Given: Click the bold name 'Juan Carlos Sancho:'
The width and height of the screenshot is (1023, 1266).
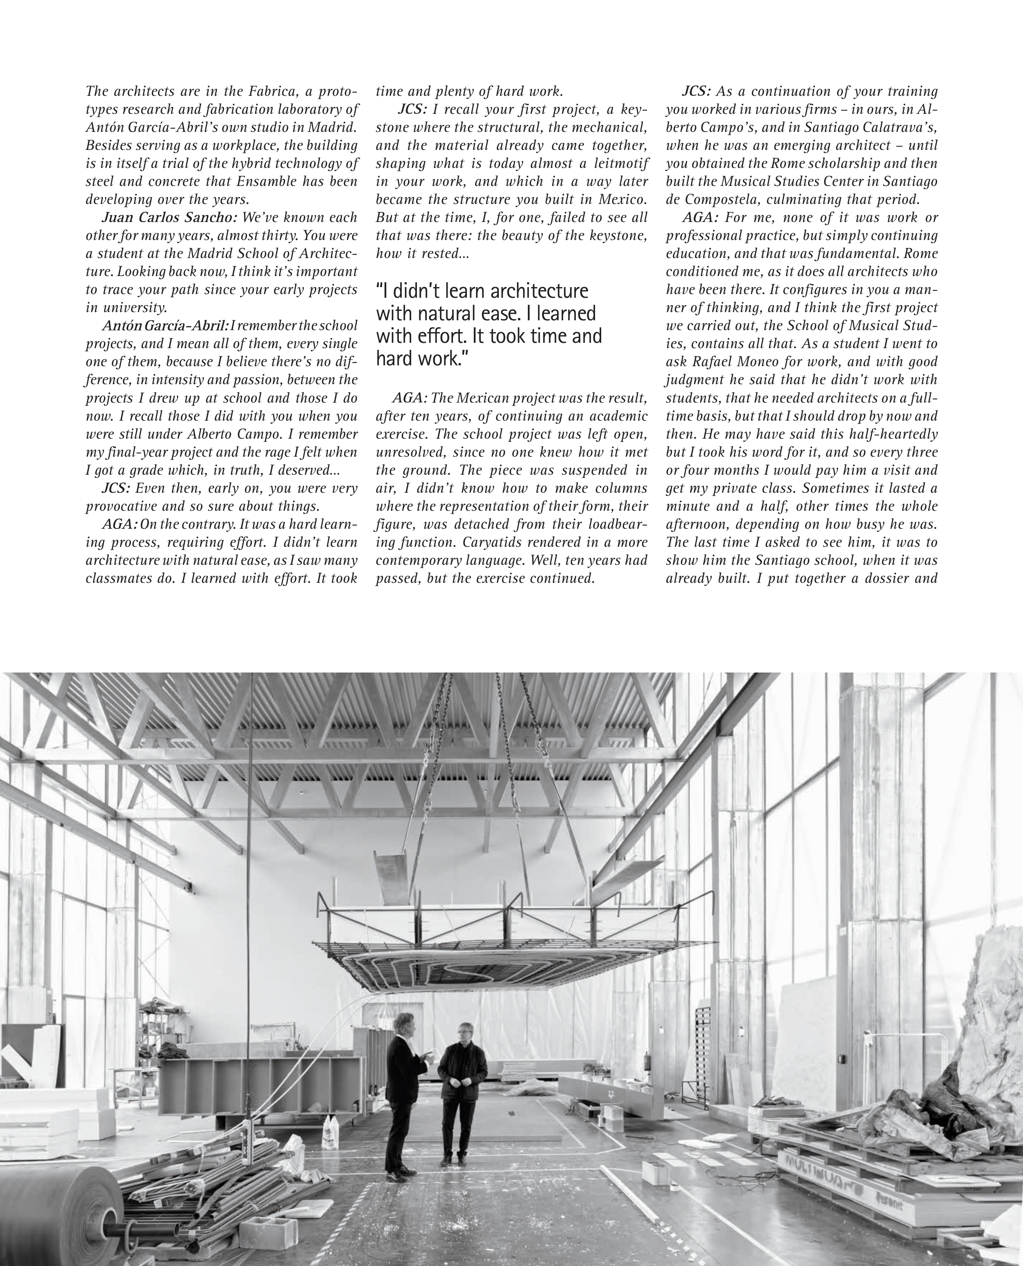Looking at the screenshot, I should (170, 217).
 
